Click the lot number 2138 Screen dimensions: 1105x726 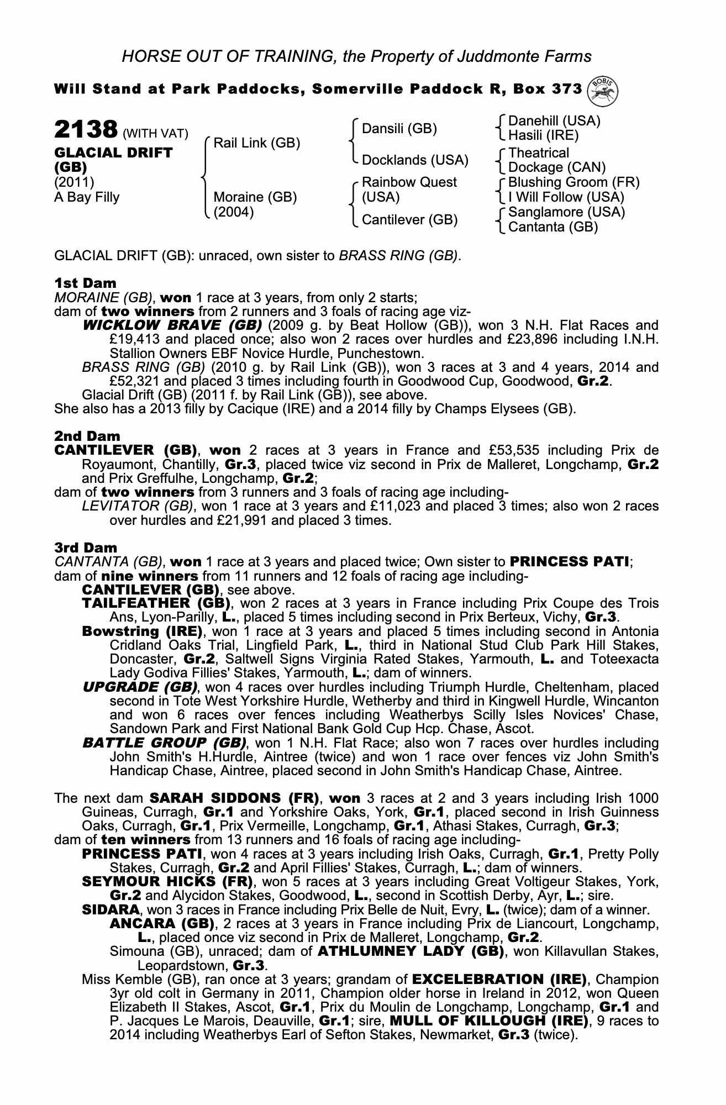[85, 131]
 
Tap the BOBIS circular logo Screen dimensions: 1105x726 [603, 90]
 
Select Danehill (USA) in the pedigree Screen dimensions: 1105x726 [554, 121]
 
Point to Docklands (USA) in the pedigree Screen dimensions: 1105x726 [414, 160]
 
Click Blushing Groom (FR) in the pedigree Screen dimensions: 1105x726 [574, 182]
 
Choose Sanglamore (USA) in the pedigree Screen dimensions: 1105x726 [566, 212]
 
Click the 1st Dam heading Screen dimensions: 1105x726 [85, 283]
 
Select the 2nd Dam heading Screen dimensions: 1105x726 [87, 436]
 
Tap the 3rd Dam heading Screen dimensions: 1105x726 [86, 548]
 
